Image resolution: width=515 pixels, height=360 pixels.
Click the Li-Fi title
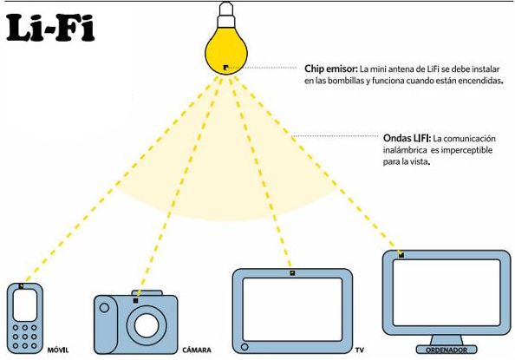click(x=50, y=28)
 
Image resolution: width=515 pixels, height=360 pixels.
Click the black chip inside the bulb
click(x=225, y=68)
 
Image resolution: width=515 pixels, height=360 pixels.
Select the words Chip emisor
click(x=330, y=69)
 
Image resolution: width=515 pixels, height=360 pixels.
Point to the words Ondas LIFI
click(x=407, y=138)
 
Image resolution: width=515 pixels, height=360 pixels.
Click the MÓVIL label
click(x=58, y=350)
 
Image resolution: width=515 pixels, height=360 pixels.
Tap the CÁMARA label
click(x=197, y=350)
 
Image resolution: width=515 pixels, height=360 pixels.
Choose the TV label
click(x=360, y=350)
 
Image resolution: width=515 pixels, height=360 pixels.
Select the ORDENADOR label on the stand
click(x=447, y=350)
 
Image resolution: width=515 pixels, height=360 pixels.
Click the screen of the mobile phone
click(x=25, y=305)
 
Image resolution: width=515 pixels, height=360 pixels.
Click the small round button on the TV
click(x=244, y=347)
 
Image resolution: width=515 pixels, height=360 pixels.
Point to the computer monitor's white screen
click(x=447, y=292)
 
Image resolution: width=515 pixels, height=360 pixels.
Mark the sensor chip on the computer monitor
click(x=401, y=255)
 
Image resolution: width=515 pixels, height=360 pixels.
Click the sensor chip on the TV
click(x=293, y=273)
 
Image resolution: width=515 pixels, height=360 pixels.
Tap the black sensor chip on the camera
click(x=135, y=300)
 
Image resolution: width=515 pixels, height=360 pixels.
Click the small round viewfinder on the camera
click(x=104, y=308)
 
